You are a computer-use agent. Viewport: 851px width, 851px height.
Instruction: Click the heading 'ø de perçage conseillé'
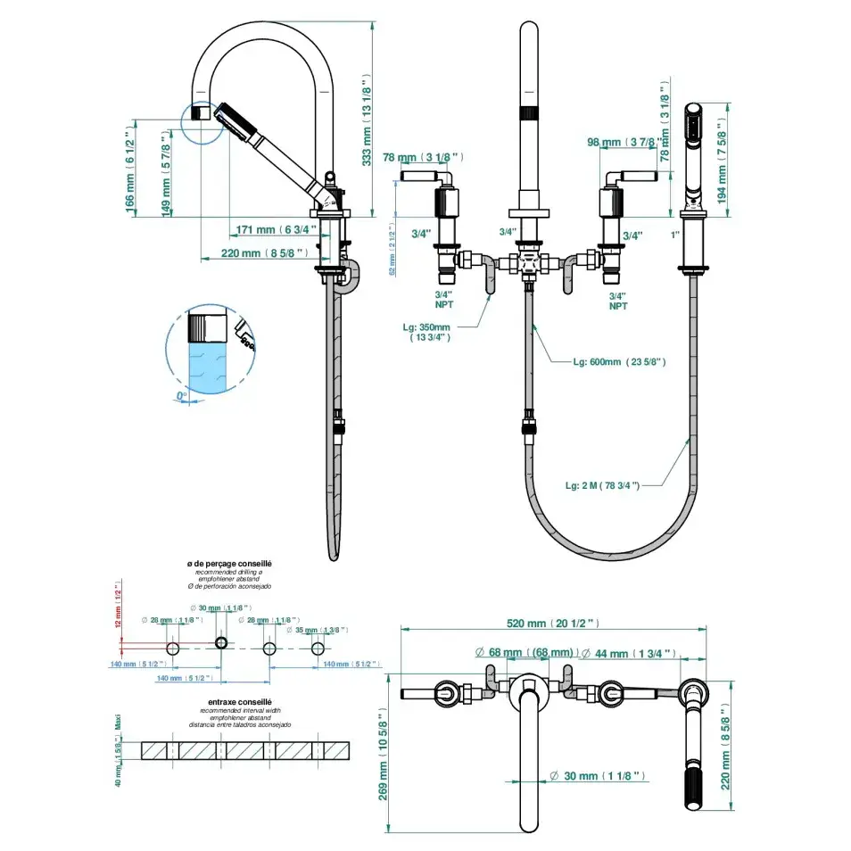pos(229,565)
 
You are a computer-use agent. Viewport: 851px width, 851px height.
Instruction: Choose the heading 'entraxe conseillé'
pos(229,702)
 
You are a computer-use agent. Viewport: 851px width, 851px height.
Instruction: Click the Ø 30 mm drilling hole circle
pos(222,643)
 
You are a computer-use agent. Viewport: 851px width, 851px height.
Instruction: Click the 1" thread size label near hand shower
pos(675,234)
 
